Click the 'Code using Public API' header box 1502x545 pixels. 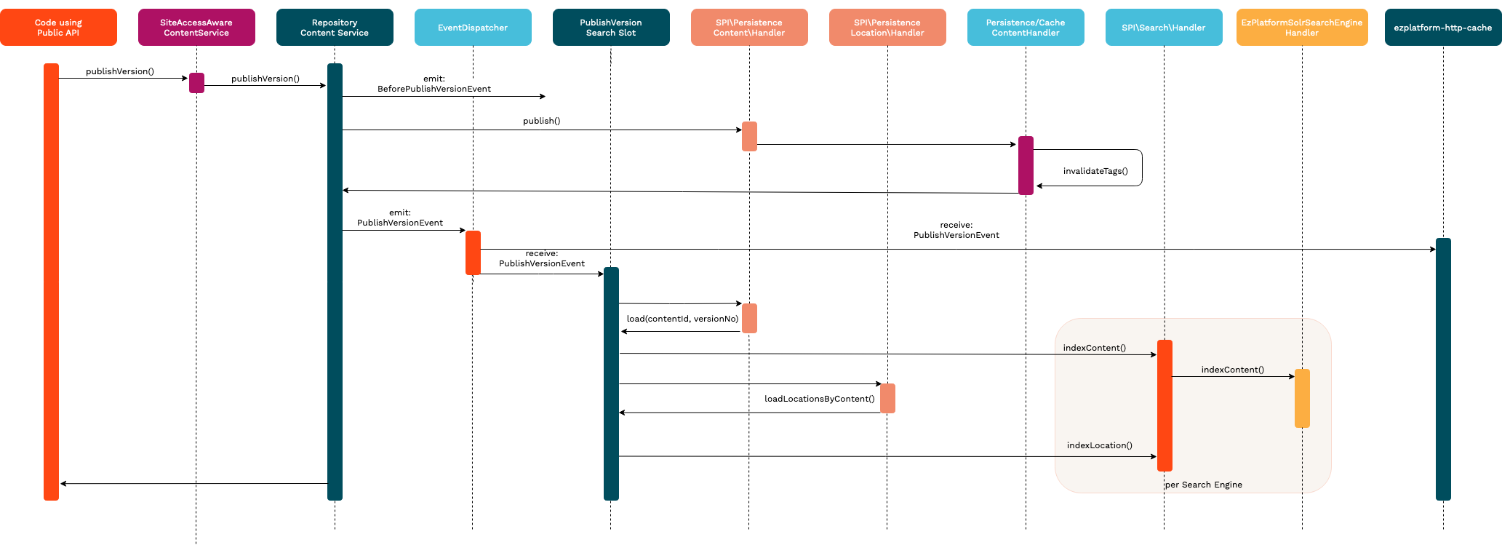[x=58, y=28]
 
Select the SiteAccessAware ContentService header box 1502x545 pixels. [x=196, y=28]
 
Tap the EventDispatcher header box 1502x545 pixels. [x=473, y=28]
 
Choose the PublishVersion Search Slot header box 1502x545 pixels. [x=611, y=28]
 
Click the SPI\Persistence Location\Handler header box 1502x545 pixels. [x=887, y=28]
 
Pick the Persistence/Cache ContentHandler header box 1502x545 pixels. [x=1026, y=28]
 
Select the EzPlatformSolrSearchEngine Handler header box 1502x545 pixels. [x=1302, y=28]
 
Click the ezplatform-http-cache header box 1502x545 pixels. [x=1443, y=28]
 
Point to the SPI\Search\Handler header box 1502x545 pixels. [x=1164, y=28]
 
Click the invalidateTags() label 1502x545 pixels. [x=1095, y=171]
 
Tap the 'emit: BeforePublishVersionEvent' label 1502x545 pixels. [x=434, y=84]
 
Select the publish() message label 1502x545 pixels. [x=541, y=121]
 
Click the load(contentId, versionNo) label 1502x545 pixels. [x=682, y=319]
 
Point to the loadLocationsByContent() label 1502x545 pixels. [x=819, y=399]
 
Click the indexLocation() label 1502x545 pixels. [x=1099, y=445]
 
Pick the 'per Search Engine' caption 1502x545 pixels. [x=1204, y=485]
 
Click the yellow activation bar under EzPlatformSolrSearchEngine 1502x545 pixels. [x=1302, y=398]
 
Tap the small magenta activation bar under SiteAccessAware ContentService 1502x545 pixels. [x=196, y=83]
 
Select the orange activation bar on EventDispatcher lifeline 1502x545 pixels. [x=473, y=252]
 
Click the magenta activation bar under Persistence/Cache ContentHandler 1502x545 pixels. [x=1026, y=165]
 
